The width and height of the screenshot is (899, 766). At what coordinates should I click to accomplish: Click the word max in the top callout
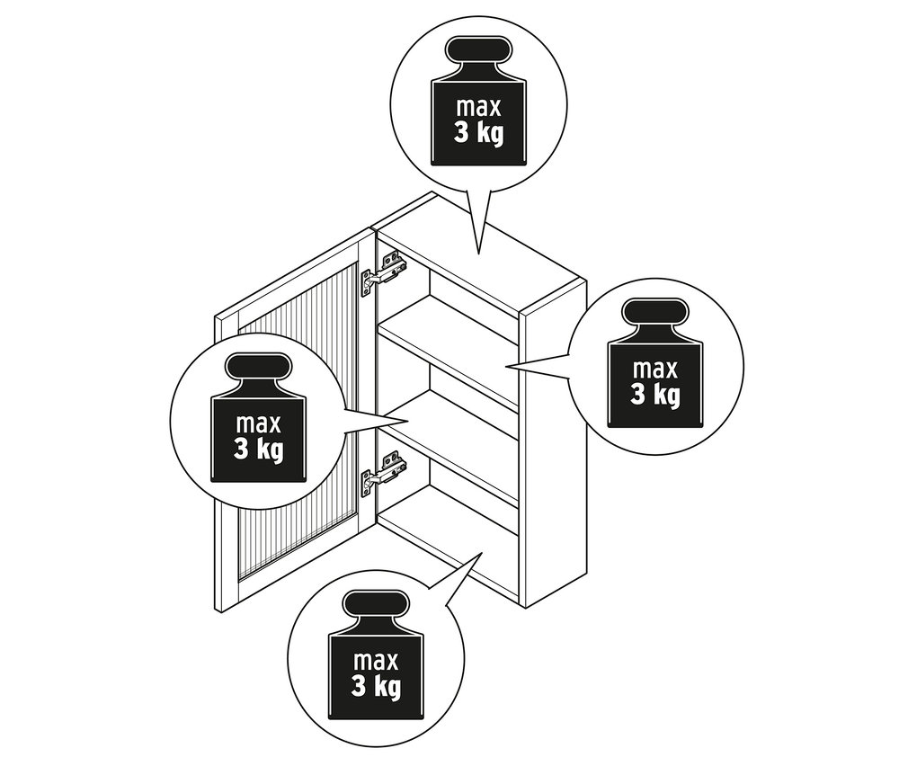tap(478, 107)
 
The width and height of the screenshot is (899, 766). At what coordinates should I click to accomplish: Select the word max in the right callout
tap(654, 370)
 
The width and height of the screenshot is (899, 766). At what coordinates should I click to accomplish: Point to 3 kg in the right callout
tap(655, 395)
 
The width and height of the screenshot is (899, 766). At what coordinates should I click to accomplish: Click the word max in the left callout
tap(259, 424)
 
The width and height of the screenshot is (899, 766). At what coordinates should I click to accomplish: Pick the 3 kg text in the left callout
tap(259, 449)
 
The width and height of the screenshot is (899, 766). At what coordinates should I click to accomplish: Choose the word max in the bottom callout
tap(376, 661)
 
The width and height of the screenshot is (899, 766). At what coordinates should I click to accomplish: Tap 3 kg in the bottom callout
tap(376, 686)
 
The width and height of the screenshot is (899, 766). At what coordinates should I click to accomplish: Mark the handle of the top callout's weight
tap(478, 51)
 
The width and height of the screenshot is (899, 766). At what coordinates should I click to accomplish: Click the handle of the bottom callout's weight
tap(376, 605)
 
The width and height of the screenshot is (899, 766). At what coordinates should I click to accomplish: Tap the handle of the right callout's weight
tap(654, 314)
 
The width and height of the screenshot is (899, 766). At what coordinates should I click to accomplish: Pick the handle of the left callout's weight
tap(258, 368)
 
